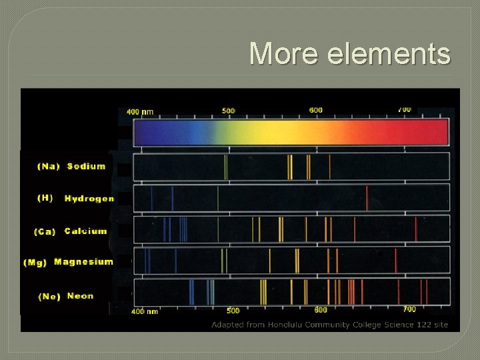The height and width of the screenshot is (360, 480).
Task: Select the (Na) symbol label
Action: coord(49,167)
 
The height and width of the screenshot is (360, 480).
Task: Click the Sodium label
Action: coord(86,166)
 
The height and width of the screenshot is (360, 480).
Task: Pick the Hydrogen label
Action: coord(89,199)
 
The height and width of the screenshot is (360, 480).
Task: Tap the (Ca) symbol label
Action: coord(45,232)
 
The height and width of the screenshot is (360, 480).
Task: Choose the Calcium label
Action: coord(85,231)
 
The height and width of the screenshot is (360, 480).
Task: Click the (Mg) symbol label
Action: coord(35,263)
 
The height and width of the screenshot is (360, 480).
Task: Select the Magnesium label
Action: coord(83,262)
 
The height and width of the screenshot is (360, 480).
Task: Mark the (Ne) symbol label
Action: coord(49,296)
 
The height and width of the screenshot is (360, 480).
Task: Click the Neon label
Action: coord(80,296)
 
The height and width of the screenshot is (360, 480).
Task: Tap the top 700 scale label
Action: coord(404,109)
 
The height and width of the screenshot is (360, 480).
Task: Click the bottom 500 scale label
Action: coord(233,311)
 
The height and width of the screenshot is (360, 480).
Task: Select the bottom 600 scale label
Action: coord(321,310)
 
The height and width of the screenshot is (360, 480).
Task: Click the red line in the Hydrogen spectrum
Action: coord(367,198)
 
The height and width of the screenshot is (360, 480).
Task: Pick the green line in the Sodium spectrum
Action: coord(226,167)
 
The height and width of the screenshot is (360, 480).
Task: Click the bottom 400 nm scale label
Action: coord(145,311)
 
